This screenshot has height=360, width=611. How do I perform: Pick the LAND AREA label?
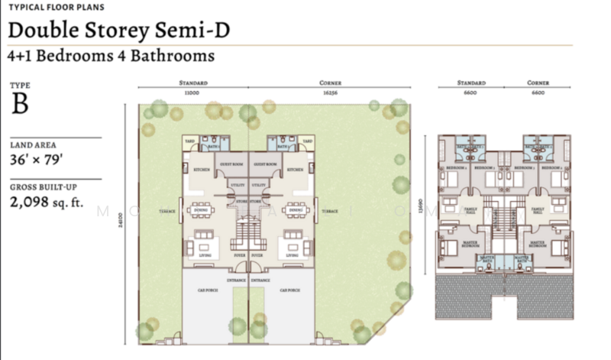(x=33, y=144)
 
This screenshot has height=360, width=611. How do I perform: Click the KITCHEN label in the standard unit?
(x=202, y=169)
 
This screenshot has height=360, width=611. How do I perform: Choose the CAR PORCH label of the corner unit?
(x=289, y=290)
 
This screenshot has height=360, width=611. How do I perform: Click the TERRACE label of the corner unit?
(x=330, y=210)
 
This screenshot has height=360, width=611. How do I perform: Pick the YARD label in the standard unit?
(x=190, y=141)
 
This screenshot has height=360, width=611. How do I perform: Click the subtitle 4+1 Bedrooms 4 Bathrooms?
(x=110, y=56)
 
